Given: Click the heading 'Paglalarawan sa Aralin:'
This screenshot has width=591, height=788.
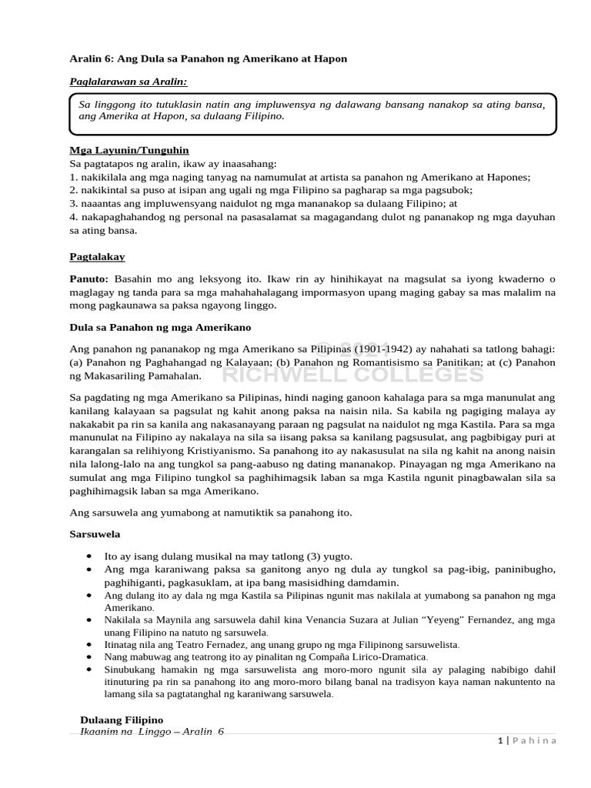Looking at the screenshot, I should [x=129, y=81].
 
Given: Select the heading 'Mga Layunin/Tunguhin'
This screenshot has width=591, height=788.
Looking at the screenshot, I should [x=129, y=150].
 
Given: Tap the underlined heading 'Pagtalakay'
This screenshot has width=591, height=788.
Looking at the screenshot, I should [x=97, y=256].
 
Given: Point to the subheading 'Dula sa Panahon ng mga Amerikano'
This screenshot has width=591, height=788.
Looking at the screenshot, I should [x=160, y=327].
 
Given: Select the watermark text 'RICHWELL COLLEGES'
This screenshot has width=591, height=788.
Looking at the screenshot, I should [x=353, y=375].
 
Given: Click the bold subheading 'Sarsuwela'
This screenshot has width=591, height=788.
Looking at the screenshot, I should [x=95, y=533].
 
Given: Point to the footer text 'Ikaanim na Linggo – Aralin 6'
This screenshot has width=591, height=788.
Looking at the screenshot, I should [x=152, y=732].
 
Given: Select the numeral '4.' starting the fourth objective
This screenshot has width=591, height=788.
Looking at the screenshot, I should [x=74, y=217].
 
